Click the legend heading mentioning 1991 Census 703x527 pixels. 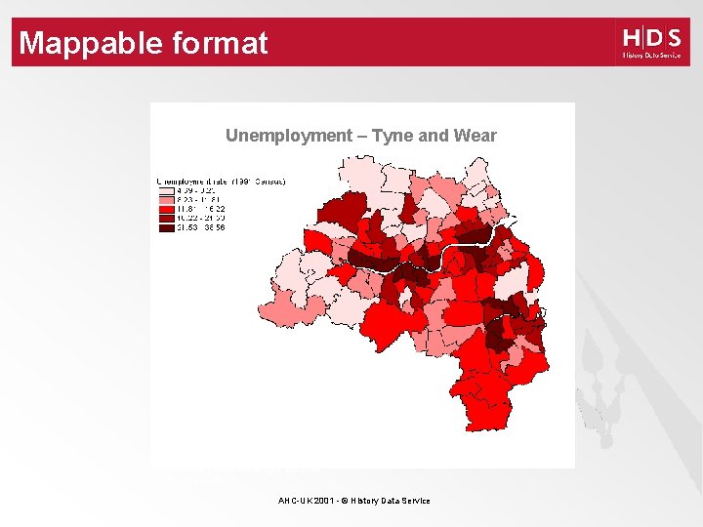click(222, 181)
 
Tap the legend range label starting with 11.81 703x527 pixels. click(201, 209)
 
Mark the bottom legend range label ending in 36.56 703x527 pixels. click(201, 228)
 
